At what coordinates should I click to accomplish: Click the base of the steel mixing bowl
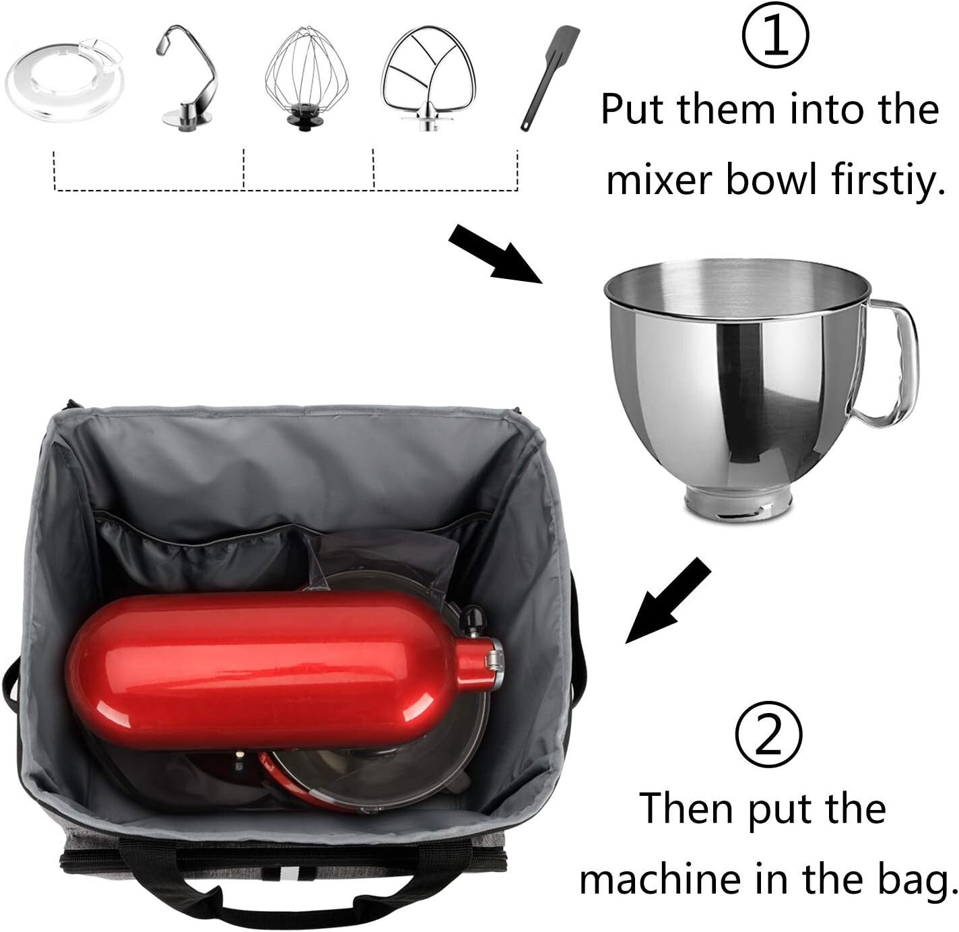coord(737,505)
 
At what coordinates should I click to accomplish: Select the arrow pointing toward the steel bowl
coord(496,254)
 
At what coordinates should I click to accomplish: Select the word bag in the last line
coord(919,880)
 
